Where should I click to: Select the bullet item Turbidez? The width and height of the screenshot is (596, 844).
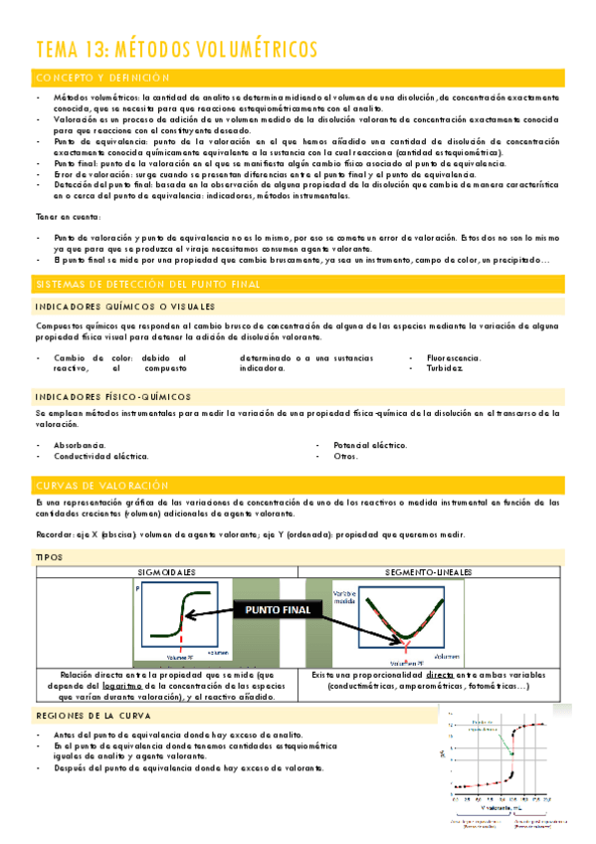point(444,367)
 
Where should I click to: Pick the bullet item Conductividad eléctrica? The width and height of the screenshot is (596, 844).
point(100,456)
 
